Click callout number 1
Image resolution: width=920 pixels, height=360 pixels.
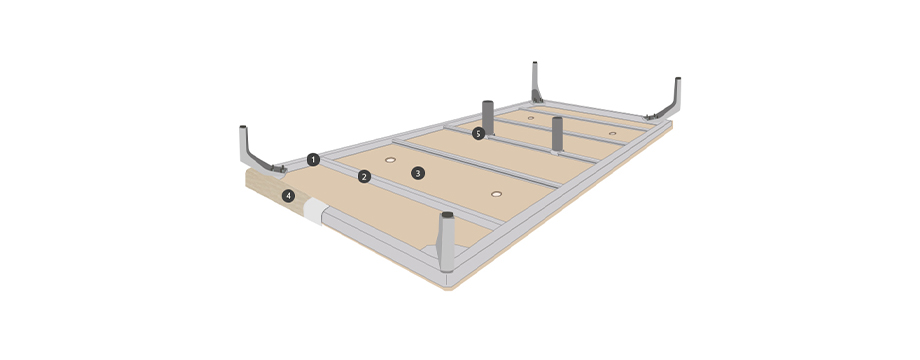(x=313, y=159)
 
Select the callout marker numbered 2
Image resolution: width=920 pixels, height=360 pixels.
(x=364, y=176)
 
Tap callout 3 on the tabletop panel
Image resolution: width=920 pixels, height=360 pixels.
(x=417, y=173)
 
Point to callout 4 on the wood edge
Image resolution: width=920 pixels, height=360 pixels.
(x=288, y=196)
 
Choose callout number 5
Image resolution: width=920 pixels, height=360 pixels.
(x=479, y=134)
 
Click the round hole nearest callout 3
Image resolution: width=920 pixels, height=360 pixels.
(x=391, y=159)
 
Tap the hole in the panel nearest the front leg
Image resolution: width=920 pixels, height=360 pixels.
(x=497, y=193)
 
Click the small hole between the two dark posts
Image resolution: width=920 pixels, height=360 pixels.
(x=530, y=118)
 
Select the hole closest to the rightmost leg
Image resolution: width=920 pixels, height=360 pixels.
(x=613, y=133)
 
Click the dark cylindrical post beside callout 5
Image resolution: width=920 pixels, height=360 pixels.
(x=488, y=118)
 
